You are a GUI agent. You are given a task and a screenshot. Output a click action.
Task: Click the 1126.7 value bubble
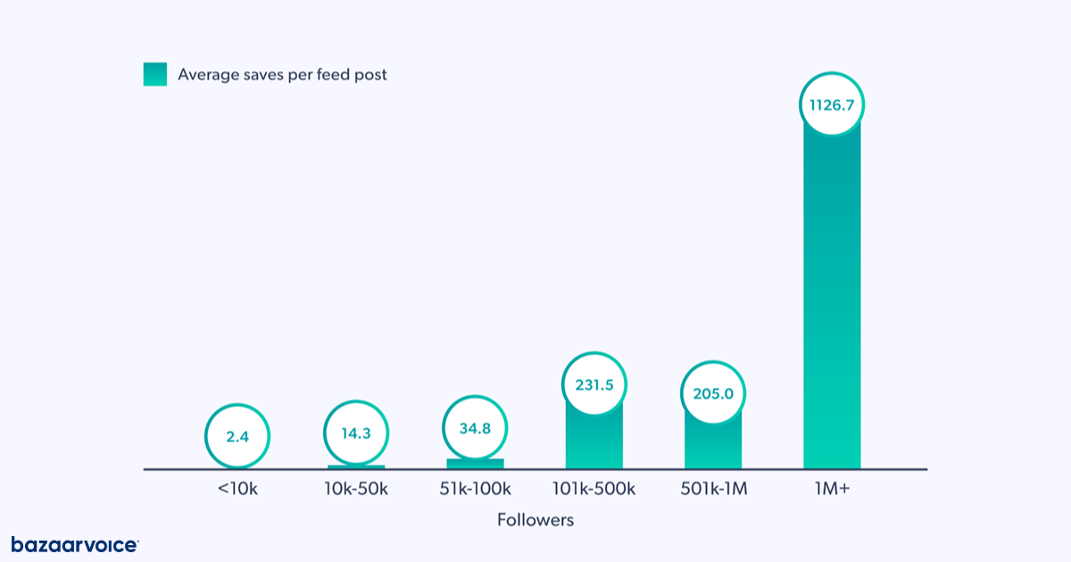[832, 105]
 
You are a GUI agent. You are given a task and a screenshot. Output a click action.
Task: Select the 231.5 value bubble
[594, 386]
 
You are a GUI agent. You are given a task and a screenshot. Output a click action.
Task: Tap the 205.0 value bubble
[712, 393]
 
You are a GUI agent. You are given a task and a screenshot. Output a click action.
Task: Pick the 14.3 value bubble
[356, 434]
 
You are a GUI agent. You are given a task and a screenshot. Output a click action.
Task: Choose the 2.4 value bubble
[237, 437]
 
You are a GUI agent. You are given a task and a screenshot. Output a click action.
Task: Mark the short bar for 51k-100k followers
[475, 464]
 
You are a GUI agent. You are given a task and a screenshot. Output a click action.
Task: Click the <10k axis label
[237, 490]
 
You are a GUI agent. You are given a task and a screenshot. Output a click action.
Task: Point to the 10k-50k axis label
[356, 490]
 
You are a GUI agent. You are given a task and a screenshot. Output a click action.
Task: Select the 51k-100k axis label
[475, 490]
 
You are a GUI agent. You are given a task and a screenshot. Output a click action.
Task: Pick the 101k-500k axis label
[594, 490]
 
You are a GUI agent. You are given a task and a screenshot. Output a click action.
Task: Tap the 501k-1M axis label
[712, 490]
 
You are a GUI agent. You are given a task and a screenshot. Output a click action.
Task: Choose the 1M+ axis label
[832, 490]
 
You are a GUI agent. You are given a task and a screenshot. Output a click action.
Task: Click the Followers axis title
[535, 520]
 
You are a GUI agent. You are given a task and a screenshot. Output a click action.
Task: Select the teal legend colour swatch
[155, 75]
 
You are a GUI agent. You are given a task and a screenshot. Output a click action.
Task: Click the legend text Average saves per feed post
[282, 75]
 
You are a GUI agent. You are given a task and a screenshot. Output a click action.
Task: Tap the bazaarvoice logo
[75, 544]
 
